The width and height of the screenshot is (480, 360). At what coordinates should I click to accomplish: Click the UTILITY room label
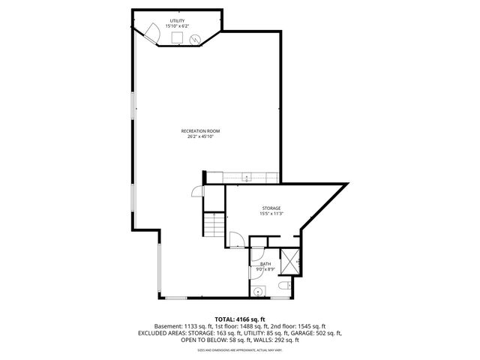point(178,21)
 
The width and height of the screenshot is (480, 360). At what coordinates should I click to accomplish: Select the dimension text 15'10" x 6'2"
point(178,27)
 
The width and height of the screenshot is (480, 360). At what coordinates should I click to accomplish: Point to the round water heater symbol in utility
point(197,40)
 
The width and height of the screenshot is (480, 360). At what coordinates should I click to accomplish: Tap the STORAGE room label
point(271,207)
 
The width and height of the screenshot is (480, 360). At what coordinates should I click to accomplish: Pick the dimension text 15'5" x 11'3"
point(271,213)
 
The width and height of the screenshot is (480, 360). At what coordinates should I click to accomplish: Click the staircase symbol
point(215,223)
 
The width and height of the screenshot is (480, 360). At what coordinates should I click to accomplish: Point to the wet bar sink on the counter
point(247,178)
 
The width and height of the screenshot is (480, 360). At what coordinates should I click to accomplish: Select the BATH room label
point(265,264)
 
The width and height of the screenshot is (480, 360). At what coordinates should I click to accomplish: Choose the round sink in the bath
point(257,292)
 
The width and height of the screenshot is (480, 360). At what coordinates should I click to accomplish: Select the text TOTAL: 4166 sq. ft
point(240,319)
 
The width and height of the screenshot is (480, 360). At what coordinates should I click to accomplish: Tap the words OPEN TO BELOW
point(180,340)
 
